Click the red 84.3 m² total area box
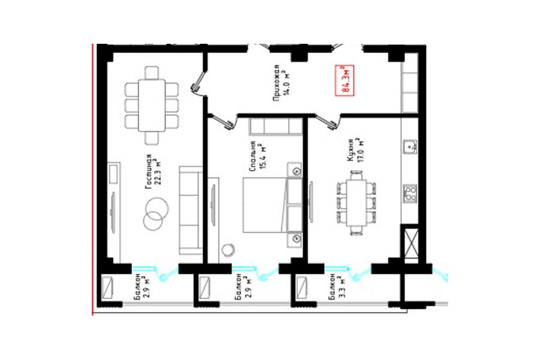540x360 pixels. point(345,80)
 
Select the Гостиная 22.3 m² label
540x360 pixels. point(153,171)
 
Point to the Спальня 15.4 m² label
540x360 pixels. point(258,157)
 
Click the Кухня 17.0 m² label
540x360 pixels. point(355,150)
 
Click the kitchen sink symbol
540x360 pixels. point(410,147)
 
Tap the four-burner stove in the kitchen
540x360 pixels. point(410,193)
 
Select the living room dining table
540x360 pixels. point(152,105)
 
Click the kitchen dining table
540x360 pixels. point(356,203)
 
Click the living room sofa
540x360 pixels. point(190,210)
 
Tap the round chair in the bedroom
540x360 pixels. point(228,250)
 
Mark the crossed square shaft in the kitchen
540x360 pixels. point(410,242)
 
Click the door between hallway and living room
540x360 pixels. point(198,84)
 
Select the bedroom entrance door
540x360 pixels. point(222,121)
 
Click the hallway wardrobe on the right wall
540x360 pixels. point(410,82)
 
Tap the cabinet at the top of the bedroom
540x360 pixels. point(275,127)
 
